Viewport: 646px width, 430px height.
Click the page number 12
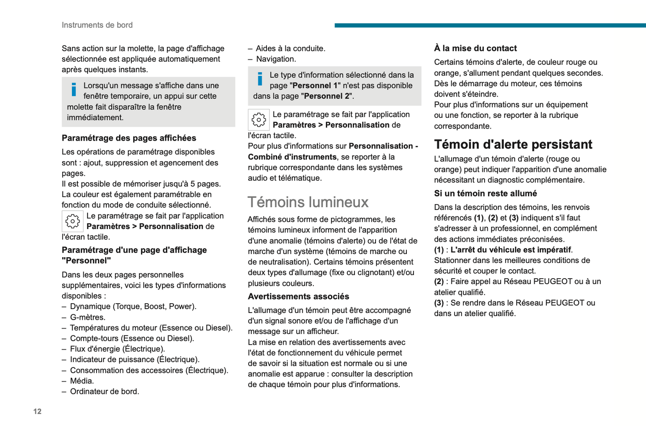pyautogui.click(x=37, y=411)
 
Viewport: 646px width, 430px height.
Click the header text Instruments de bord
pyautogui.click(x=97, y=25)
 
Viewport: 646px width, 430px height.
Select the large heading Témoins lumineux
pyautogui.click(x=308, y=202)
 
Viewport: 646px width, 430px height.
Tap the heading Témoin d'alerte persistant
pyautogui.click(x=513, y=144)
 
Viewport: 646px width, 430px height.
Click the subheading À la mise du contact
pyautogui.click(x=475, y=48)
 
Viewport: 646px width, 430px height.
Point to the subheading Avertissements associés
pyautogui.click(x=298, y=296)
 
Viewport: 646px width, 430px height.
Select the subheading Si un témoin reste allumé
pyautogui.click(x=485, y=193)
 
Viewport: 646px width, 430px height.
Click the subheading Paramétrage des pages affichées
pyautogui.click(x=129, y=138)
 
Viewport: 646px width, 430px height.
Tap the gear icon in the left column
pyautogui.click(x=72, y=221)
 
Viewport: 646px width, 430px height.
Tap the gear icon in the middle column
pyautogui.click(x=258, y=120)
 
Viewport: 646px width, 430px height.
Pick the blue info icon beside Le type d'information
pyautogui.click(x=260, y=79)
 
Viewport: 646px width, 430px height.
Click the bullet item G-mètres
pyautogui.click(x=88, y=317)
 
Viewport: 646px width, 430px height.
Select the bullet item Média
pyautogui.click(x=82, y=381)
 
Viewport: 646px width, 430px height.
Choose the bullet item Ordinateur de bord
pyautogui.click(x=105, y=392)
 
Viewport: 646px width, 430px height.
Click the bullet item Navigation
pyautogui.click(x=276, y=59)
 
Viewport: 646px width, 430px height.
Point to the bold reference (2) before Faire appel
pyautogui.click(x=439, y=282)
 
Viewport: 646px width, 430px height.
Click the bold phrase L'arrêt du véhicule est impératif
pyautogui.click(x=511, y=250)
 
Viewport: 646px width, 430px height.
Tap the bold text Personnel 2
pyautogui.click(x=326, y=96)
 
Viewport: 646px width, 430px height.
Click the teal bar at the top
pyautogui.click(x=490, y=25)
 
